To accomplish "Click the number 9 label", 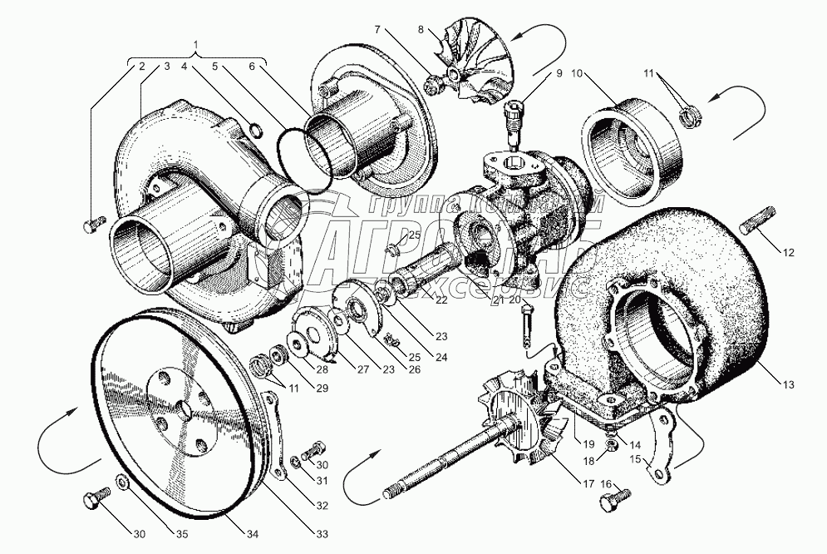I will tap(559, 74).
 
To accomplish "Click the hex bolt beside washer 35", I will tap(92, 502).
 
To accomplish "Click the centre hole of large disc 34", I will tap(182, 409).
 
